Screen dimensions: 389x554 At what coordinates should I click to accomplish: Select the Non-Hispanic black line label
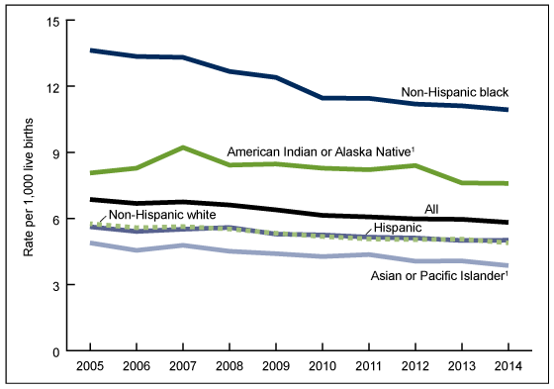454,92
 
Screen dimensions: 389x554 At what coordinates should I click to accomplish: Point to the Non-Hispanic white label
156,215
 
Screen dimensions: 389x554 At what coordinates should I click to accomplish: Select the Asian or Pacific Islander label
439,277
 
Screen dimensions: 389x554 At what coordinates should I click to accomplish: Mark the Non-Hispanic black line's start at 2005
91,50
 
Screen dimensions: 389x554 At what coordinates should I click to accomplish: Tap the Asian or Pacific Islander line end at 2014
508,265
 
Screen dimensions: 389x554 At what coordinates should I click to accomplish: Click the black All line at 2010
323,215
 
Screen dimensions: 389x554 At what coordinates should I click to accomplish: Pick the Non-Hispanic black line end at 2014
508,109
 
